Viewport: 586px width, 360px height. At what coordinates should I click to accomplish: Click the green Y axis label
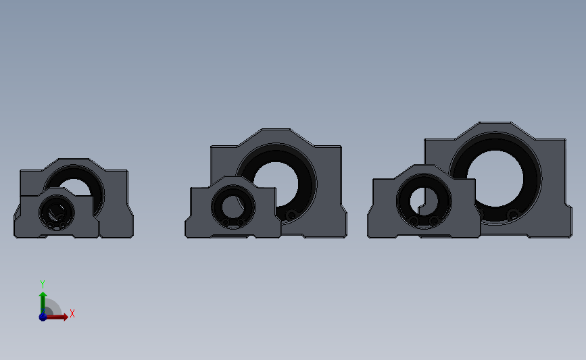[43, 284]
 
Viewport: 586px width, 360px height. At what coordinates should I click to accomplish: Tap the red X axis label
[72, 313]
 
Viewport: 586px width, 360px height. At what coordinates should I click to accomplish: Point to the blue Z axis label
[43, 317]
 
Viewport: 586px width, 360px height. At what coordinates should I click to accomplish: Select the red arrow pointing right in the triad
[59, 316]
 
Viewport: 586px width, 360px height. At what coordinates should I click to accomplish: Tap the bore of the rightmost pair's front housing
[424, 198]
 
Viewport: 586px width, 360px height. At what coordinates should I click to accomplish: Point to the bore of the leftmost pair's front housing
[56, 211]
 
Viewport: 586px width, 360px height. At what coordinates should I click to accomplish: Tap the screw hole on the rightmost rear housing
[514, 215]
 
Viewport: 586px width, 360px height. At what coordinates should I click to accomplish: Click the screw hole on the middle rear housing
[291, 215]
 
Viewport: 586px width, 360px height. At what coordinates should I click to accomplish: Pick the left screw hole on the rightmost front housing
[414, 221]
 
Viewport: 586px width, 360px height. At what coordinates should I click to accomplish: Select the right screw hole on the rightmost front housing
[433, 221]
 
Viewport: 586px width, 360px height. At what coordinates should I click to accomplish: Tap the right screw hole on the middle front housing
[241, 222]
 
